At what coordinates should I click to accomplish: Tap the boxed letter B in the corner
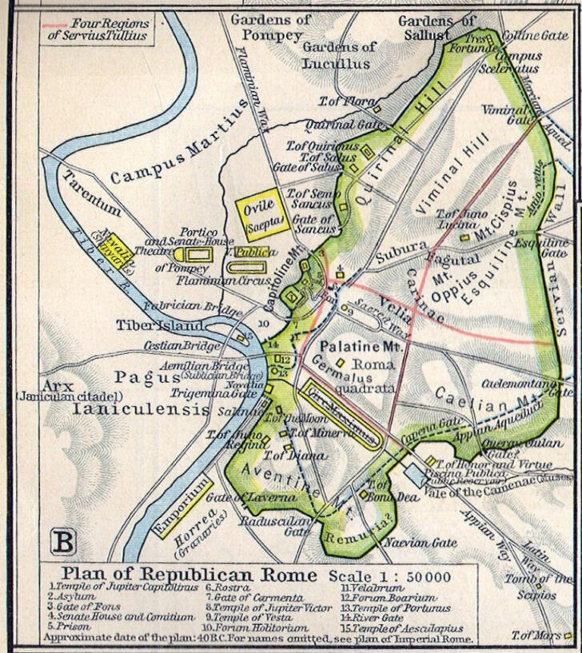click(x=64, y=542)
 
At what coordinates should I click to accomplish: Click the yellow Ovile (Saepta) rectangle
click(x=262, y=214)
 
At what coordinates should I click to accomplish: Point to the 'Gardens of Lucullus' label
click(x=337, y=55)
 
